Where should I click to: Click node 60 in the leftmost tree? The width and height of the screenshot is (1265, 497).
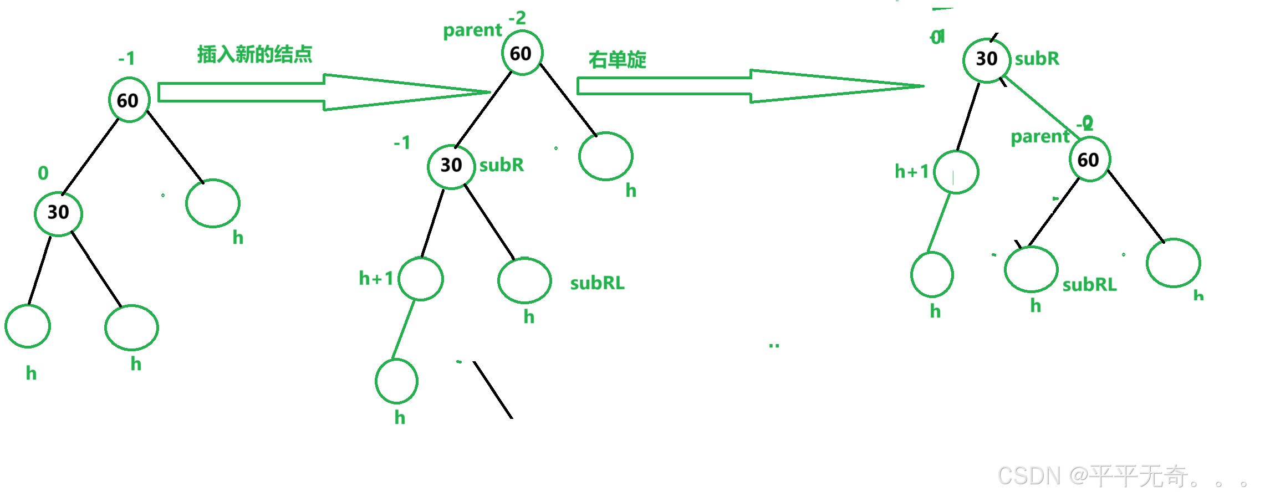pos(129,100)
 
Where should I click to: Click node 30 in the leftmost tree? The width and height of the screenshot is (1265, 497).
pos(58,213)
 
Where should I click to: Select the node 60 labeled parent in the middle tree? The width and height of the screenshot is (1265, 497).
pos(522,53)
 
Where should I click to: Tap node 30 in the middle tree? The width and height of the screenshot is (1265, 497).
pos(451,166)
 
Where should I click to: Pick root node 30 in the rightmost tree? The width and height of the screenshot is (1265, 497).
pos(987,59)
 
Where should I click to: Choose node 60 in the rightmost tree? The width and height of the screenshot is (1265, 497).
pos(1089,160)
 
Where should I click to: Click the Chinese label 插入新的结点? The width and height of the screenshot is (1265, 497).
pos(254,54)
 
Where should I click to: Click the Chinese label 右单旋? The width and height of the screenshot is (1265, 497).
pos(617,59)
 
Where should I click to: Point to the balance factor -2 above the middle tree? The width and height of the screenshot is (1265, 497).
pos(517,18)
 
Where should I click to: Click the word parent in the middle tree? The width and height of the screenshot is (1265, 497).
pos(472,30)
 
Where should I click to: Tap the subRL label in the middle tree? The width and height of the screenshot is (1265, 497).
pos(597,283)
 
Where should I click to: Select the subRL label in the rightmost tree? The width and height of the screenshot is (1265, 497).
pos(1089,285)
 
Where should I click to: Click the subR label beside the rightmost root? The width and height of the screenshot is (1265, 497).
pos(1037,58)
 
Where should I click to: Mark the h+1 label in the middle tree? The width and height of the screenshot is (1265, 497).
pos(376,278)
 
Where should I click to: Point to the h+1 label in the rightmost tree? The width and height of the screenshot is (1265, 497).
pos(911,171)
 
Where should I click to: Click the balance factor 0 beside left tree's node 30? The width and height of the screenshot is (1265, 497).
pos(43,173)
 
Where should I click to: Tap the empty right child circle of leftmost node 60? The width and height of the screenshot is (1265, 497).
pos(213,203)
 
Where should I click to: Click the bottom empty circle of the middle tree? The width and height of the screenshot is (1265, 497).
pos(396,381)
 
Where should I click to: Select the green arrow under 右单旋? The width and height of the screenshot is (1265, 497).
pos(748,86)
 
